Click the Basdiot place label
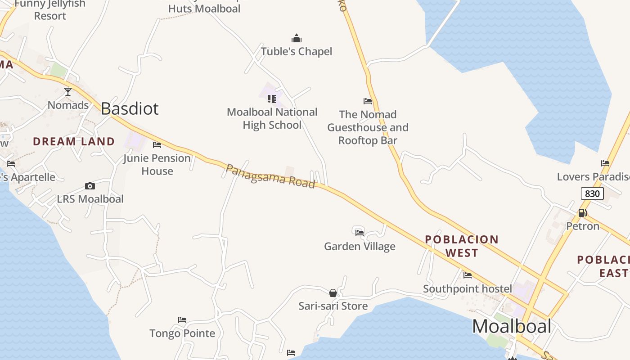coord(130,108)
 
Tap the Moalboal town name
coord(512,326)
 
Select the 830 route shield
coord(592,193)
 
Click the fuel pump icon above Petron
coord(582,213)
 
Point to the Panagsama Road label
coord(270,176)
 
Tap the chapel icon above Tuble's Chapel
coord(296,38)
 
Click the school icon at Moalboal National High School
coord(272,99)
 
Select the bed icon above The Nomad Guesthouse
coord(368,101)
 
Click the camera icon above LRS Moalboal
coord(90,186)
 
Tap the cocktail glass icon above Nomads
coord(68,92)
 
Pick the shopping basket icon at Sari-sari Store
coord(333,293)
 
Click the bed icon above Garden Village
coord(359,233)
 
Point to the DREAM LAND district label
coord(74,141)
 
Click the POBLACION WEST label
coord(462,246)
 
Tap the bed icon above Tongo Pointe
coord(182,320)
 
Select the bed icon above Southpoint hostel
coord(468,275)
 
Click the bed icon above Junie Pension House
coord(157,145)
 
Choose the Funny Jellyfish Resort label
coord(50,10)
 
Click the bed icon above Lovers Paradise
coord(605,163)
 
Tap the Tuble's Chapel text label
coord(296,51)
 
